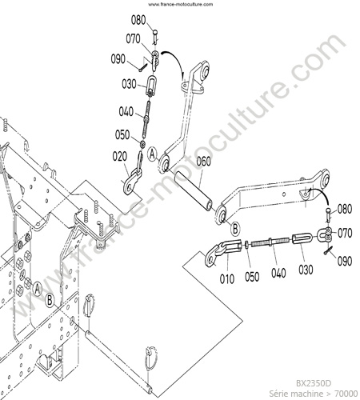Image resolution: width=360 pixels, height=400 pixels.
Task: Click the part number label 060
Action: click(204, 162)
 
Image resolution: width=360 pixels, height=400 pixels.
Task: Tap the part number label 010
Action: click(227, 279)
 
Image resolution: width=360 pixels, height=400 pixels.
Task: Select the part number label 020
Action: click(120, 157)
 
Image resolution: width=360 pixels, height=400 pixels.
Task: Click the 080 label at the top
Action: click(138, 20)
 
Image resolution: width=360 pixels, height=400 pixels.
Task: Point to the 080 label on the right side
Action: click(345, 209)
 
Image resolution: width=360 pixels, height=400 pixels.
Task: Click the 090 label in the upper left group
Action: click(118, 59)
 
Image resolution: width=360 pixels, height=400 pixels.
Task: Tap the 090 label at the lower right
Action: click(345, 261)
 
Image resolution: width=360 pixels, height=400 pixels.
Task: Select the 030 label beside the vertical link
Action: click(129, 84)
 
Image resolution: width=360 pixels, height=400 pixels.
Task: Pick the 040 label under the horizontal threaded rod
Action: click(278, 273)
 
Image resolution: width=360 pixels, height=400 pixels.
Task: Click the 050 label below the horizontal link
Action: click(252, 277)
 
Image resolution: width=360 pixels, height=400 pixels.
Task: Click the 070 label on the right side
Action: click(345, 233)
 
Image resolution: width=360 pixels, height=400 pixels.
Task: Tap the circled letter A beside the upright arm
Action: click(152, 154)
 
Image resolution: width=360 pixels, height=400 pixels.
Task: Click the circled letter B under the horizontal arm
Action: click(235, 229)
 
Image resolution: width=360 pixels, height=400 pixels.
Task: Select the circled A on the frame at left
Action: click(38, 289)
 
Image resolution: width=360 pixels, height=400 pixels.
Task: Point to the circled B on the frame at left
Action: click(50, 301)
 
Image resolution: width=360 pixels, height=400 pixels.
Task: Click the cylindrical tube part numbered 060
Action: click(194, 191)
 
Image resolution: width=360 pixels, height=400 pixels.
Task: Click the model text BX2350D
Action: click(314, 383)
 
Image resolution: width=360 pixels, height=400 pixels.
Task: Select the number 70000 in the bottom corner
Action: click(346, 394)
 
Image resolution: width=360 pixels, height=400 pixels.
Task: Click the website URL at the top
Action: click(181, 4)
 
